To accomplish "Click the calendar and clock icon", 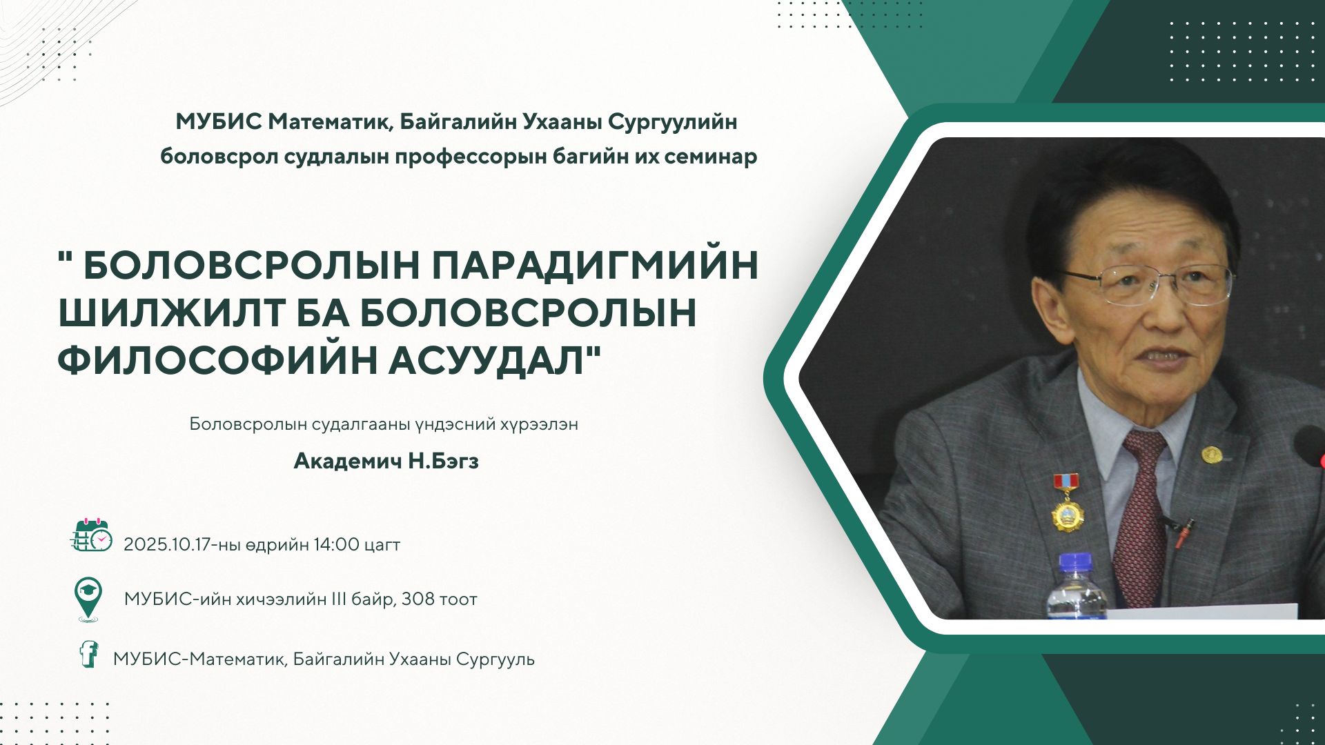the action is (x=91, y=535).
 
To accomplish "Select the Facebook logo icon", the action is (x=88, y=653).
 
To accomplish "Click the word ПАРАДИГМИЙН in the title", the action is (x=596, y=266).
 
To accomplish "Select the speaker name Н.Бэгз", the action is (x=443, y=461).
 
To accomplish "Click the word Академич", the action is (x=347, y=461).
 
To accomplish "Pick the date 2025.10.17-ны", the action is (x=182, y=544).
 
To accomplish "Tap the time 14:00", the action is (x=336, y=544).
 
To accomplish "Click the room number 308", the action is (x=418, y=599).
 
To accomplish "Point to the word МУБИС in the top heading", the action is (x=219, y=122).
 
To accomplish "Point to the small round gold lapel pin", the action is (x=1211, y=455).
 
